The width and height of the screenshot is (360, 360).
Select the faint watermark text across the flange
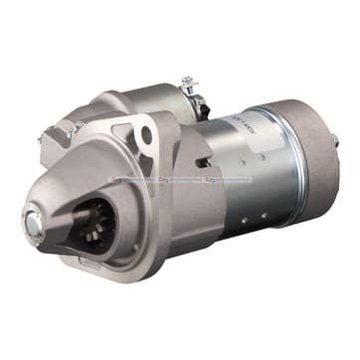[x=179, y=181]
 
